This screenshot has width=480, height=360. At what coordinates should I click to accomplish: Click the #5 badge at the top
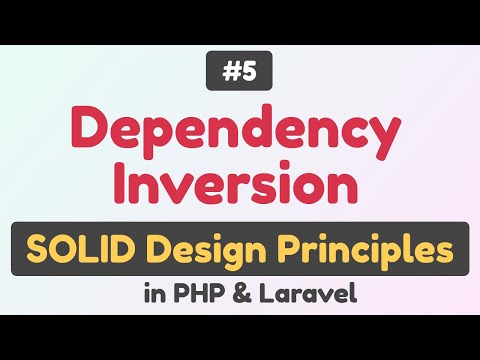[240, 73]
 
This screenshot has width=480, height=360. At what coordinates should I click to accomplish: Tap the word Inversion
[240, 186]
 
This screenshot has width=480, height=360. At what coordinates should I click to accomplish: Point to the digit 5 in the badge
[250, 73]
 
